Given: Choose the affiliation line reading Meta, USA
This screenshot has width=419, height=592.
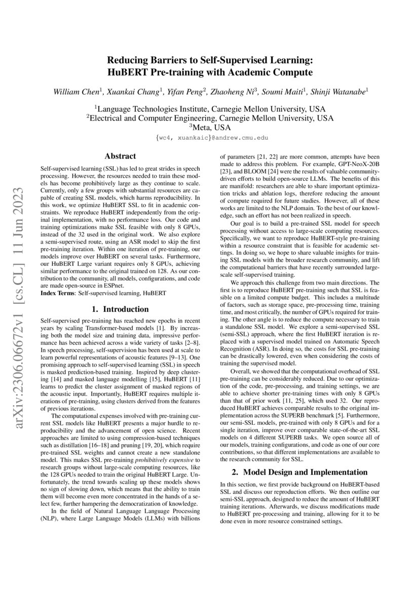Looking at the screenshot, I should coord(209,128).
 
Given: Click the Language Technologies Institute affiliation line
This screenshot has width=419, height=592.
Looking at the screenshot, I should coord(209,108).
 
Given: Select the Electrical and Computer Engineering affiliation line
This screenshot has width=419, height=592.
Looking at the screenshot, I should coord(209,118).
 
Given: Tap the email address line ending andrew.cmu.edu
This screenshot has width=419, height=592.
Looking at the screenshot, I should coord(209,138).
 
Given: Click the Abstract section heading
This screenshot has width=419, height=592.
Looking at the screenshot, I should coord(120,156).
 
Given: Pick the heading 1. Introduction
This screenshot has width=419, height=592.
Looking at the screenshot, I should coord(120,309).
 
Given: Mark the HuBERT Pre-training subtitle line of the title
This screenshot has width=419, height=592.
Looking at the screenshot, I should coord(209,72).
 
